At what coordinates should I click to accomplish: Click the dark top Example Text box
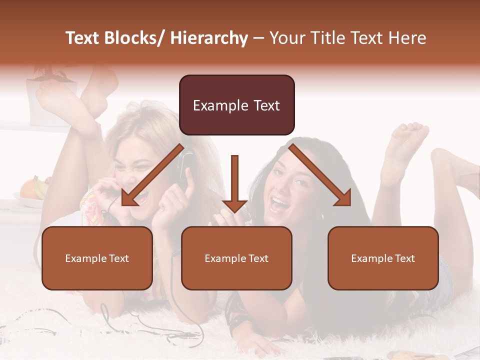236,105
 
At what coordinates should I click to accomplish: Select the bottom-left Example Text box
97,258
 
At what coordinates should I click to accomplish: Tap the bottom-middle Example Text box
236,258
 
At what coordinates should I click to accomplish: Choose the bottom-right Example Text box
383,258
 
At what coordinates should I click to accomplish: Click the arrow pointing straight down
234,185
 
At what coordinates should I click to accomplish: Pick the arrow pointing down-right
320,175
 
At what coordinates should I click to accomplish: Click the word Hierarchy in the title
209,38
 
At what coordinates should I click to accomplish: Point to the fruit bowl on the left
33,192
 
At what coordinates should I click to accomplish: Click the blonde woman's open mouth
140,196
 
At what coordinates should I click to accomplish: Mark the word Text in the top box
265,105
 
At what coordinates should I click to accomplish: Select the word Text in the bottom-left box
119,258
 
